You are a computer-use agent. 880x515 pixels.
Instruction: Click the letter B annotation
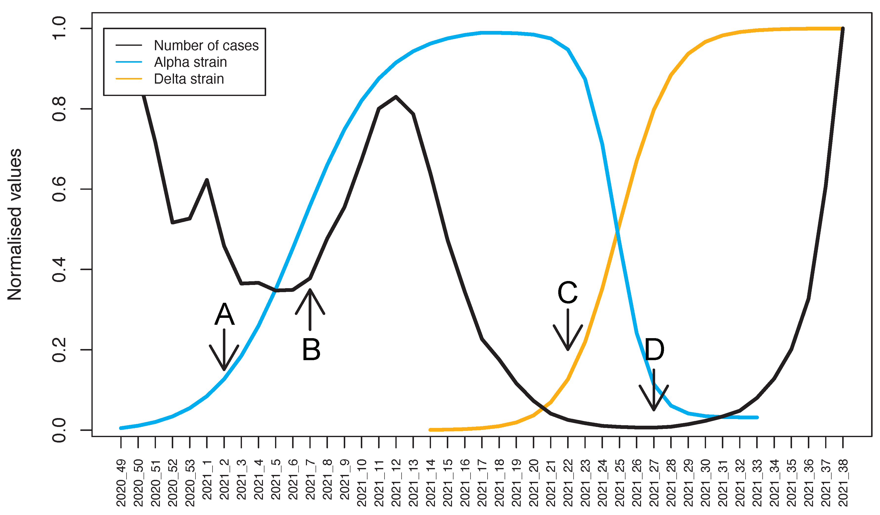tap(311, 349)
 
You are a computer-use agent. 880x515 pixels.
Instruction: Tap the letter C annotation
tap(567, 292)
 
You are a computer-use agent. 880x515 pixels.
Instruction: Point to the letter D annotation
tap(654, 350)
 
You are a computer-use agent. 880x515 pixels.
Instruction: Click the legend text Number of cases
tap(206, 46)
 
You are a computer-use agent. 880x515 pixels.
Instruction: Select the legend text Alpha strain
tap(190, 62)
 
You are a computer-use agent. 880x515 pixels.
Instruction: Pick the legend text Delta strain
tap(189, 79)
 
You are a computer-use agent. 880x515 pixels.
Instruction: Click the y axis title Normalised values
tap(15, 224)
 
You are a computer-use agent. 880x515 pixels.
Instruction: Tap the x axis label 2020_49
tap(121, 483)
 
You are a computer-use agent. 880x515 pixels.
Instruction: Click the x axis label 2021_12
tap(396, 483)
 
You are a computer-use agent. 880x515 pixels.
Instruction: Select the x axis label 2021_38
tap(843, 483)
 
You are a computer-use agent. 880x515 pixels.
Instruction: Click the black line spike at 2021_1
tap(207, 180)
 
